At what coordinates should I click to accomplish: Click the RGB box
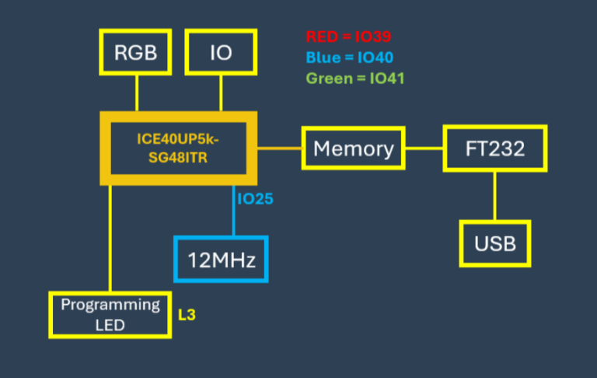[136, 53]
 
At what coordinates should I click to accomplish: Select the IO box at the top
[221, 53]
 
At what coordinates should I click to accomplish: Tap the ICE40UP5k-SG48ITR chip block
[178, 148]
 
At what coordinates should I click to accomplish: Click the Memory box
[354, 148]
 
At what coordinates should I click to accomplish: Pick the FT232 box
[495, 148]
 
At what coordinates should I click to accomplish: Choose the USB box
[495, 243]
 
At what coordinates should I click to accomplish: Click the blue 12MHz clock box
[221, 259]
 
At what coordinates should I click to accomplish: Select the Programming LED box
[110, 314]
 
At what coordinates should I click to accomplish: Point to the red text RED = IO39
[348, 36]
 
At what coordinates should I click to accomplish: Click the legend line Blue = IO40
[349, 57]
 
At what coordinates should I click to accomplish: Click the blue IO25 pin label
[255, 199]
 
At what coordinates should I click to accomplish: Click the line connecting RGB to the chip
[137, 93]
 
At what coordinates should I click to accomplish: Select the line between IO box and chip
[221, 93]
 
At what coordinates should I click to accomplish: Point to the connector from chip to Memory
[279, 148]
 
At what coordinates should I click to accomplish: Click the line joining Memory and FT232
[424, 148]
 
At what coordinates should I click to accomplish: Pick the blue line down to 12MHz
[232, 210]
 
